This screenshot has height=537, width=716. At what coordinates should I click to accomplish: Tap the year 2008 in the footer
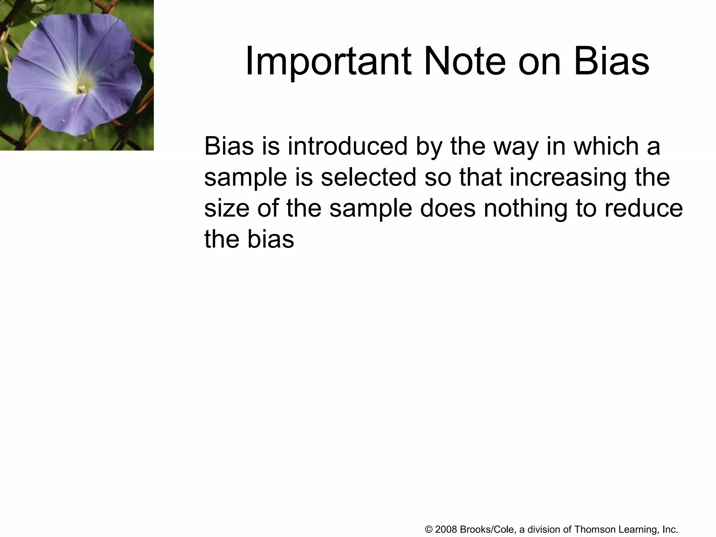(x=446, y=529)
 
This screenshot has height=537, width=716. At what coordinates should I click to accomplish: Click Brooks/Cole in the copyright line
(x=486, y=529)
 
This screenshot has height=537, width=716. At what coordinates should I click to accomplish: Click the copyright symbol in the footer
(x=429, y=529)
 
